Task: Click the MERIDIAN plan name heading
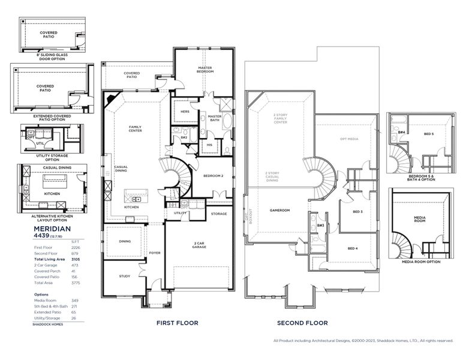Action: pyautogui.click(x=52, y=229)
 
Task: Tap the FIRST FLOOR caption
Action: pyautogui.click(x=177, y=323)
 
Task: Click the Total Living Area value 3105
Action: pyautogui.click(x=75, y=259)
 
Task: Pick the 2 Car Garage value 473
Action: pyautogui.click(x=75, y=265)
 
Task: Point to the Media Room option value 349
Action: pyautogui.click(x=75, y=301)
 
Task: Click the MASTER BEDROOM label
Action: pyautogui.click(x=206, y=70)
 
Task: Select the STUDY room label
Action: pyautogui.click(x=124, y=276)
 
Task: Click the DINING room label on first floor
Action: pyautogui.click(x=125, y=241)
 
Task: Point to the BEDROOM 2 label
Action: pyautogui.click(x=213, y=176)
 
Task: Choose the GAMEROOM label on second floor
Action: pyautogui.click(x=279, y=210)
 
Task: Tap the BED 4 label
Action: pyautogui.click(x=353, y=248)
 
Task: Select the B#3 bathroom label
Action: pyautogui.click(x=321, y=225)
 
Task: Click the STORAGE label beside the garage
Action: pyautogui.click(x=219, y=214)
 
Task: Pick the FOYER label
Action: pyautogui.click(x=155, y=253)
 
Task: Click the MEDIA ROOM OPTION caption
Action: pyautogui.click(x=421, y=262)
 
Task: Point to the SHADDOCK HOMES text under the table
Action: pyautogui.click(x=47, y=324)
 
